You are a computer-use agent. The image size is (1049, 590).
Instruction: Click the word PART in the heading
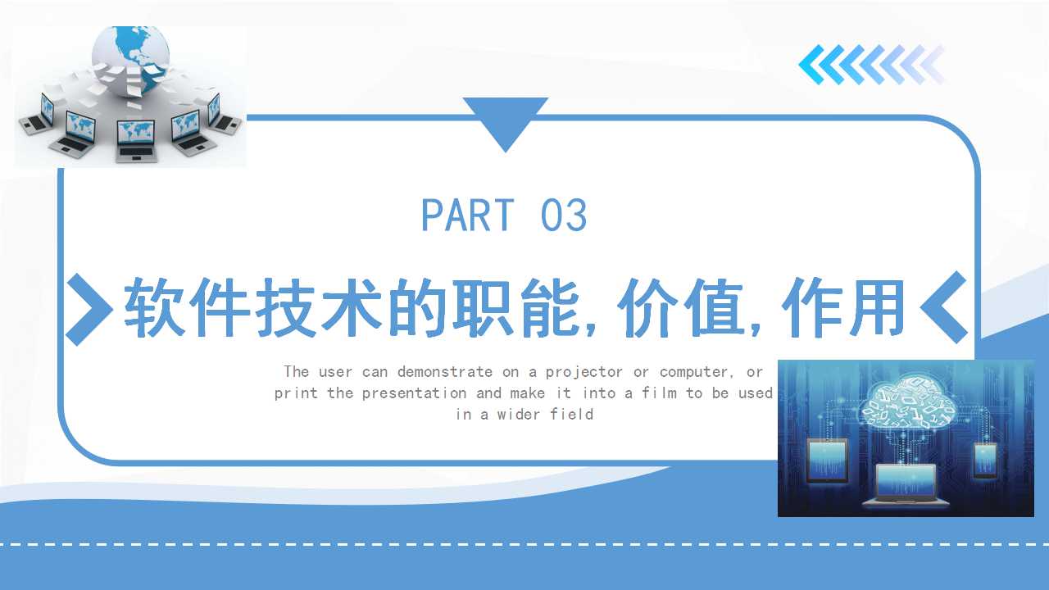click(x=468, y=215)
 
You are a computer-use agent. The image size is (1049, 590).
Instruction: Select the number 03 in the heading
click(x=563, y=215)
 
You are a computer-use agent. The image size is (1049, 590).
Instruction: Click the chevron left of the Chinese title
click(x=89, y=310)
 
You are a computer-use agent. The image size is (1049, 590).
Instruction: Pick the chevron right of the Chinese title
click(x=943, y=307)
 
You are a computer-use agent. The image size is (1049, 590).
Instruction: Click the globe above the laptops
click(x=130, y=58)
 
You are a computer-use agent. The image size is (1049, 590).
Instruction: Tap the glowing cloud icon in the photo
click(x=907, y=402)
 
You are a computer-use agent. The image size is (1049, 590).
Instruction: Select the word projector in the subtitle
click(x=584, y=373)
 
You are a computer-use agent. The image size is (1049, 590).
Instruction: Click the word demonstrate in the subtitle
click(x=445, y=372)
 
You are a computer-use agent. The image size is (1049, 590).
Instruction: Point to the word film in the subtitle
click(x=660, y=393)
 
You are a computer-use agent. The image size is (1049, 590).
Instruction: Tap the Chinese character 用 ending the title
click(x=876, y=307)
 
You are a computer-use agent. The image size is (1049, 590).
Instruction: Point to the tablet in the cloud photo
click(x=828, y=461)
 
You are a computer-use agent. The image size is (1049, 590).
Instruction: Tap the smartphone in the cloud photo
click(x=985, y=461)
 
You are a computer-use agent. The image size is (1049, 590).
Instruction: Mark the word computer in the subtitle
click(x=694, y=373)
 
